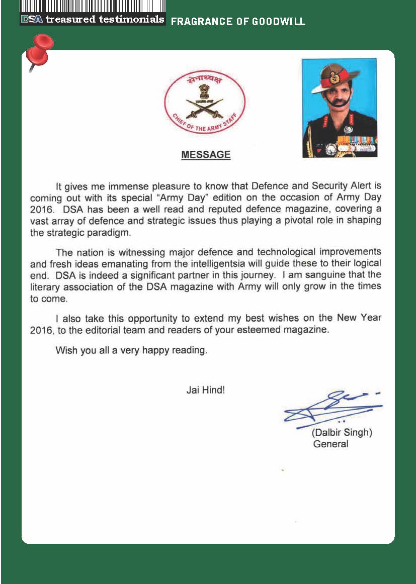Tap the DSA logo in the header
(32, 20)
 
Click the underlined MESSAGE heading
(206, 155)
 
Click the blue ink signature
(332, 407)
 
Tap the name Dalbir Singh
(342, 433)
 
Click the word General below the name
(330, 444)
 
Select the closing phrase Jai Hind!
(205, 390)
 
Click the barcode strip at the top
(93, 7)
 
